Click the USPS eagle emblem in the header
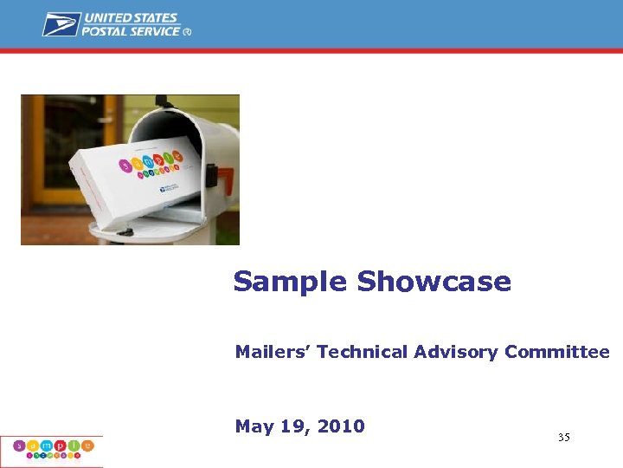(61, 24)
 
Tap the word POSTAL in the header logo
(106, 31)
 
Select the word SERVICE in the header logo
(156, 31)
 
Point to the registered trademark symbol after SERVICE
(187, 32)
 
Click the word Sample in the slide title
(290, 282)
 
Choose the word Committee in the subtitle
(557, 352)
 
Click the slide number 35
(563, 438)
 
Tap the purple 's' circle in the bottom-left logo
(20, 446)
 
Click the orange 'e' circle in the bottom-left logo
(87, 445)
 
